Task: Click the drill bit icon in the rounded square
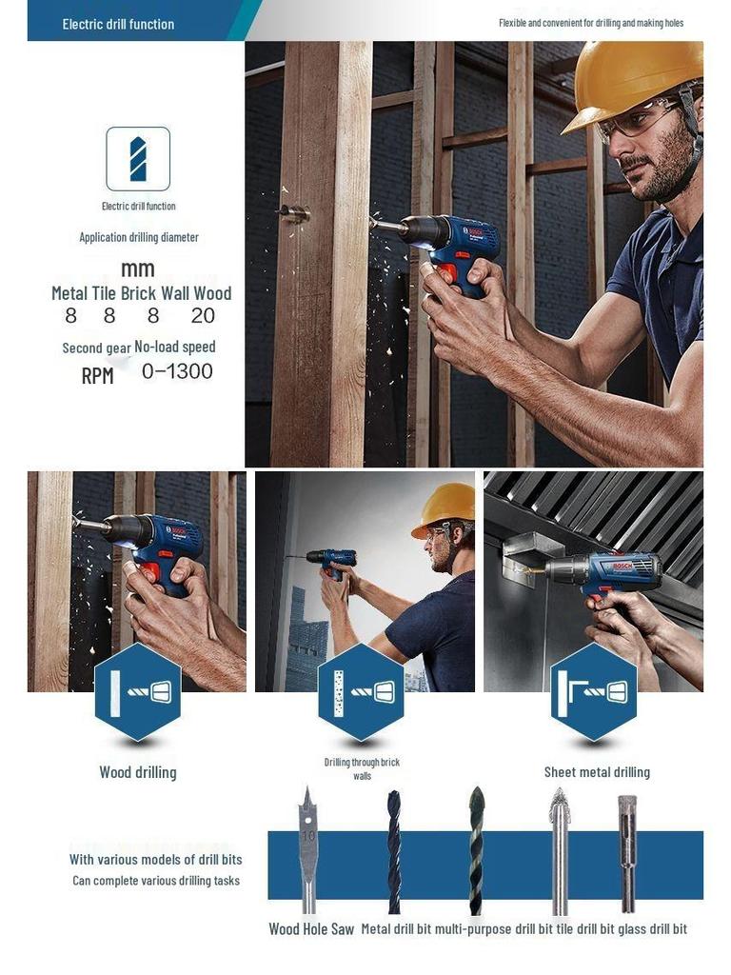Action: point(138,158)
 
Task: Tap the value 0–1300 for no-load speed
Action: point(177,371)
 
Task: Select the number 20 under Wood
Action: point(203,316)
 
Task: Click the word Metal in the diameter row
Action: point(69,293)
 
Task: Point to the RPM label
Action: point(97,376)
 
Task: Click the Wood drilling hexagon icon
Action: point(138,692)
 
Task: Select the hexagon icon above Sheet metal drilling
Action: point(594,692)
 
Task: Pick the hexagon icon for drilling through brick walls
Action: point(361,692)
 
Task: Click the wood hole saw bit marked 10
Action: point(307,847)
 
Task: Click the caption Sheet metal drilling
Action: point(597,772)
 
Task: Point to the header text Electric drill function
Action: point(118,24)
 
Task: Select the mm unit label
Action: point(138,269)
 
